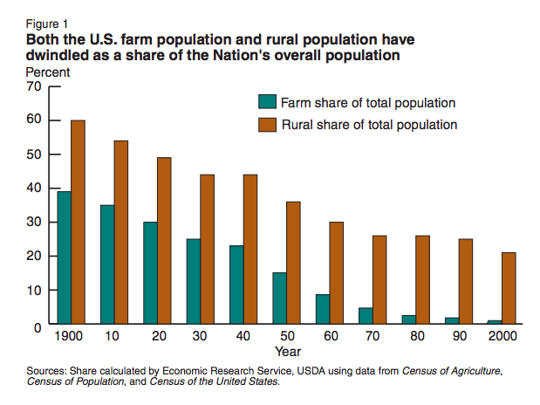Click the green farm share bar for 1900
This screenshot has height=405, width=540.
click(x=64, y=257)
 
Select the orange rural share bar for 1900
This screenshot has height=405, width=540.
click(x=78, y=222)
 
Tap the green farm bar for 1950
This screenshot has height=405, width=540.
click(x=279, y=298)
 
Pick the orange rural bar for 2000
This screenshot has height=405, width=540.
click(x=508, y=288)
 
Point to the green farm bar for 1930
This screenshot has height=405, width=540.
click(x=193, y=281)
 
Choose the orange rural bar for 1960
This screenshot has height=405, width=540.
click(x=336, y=272)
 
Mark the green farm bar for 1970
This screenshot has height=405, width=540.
click(x=365, y=315)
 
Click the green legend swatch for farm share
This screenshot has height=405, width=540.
click(x=266, y=101)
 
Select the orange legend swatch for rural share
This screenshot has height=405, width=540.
click(x=266, y=124)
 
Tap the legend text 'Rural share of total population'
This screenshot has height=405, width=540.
click(x=369, y=124)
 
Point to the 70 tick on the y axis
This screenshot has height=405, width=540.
click(x=35, y=86)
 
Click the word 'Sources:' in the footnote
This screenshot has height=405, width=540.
click(x=51, y=370)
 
